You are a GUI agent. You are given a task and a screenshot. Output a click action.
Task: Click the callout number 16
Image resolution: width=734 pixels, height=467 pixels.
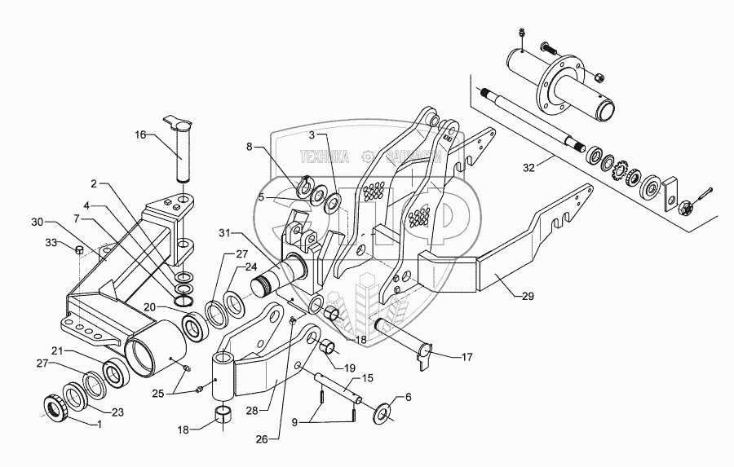(x=140, y=136)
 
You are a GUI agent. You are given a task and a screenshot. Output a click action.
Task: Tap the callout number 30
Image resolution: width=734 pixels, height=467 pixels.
(x=37, y=222)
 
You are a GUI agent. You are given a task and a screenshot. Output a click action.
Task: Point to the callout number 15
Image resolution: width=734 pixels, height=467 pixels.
(x=368, y=378)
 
